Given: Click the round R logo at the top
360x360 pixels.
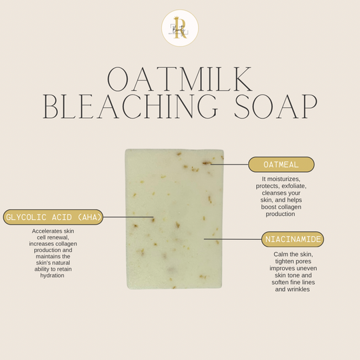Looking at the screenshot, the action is coord(180,28).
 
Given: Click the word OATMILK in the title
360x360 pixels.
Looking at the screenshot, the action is coord(180,79).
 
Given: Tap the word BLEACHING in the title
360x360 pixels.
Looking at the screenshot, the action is coord(130,106).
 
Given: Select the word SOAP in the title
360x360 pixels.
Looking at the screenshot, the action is coord(276,106).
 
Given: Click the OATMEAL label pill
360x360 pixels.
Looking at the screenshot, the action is coord(281,165).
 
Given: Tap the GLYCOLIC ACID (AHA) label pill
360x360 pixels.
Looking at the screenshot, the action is coord(53,217).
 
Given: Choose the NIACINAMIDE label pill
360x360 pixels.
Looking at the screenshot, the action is coord(293,239).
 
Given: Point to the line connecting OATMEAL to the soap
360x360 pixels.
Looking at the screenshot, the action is coord(229,164).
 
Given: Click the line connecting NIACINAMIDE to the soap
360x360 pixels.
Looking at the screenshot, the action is coord(233,239).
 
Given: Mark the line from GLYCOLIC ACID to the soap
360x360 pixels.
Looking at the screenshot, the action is coord(128,217).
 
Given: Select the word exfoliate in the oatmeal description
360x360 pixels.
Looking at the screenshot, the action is coord(294,186).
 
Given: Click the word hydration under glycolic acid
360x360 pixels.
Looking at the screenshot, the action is coord(53,275).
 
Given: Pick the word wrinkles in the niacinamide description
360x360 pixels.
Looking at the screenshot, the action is coord(298,289).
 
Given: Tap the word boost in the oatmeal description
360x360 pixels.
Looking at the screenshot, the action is coord(269,207).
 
